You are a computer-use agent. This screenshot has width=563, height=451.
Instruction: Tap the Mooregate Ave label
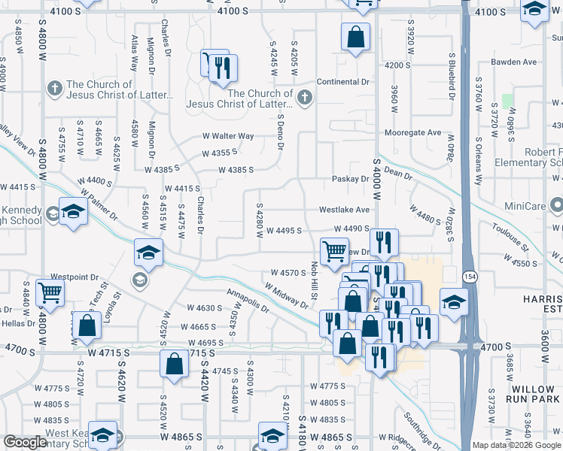point(412,133)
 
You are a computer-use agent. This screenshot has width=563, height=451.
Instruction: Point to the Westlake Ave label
point(345,210)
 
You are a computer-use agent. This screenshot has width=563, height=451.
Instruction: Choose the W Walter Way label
point(227,136)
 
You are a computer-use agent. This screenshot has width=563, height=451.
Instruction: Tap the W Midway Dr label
point(286,295)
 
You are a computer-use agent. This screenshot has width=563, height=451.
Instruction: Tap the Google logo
point(26,442)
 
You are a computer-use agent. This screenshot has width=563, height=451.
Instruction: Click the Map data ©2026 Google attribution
point(517,445)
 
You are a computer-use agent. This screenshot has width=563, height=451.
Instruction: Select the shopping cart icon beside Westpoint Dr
point(50,292)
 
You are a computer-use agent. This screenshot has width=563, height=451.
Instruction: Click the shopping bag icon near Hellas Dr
point(87,325)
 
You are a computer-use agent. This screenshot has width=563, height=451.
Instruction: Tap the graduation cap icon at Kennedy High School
point(73,212)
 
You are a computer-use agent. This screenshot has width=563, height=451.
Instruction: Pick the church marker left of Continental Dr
point(305,96)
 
